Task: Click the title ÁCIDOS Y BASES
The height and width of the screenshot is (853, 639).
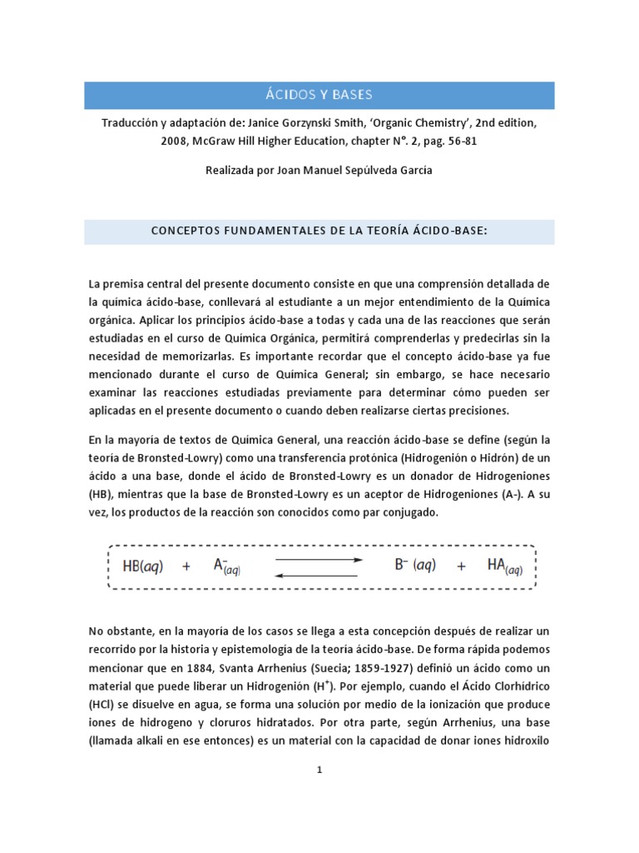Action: click(x=319, y=94)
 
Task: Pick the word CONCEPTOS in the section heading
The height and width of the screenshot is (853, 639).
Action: click(x=186, y=231)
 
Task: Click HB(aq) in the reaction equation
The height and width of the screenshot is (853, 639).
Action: click(x=143, y=566)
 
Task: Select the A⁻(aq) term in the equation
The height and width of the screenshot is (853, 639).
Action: click(x=226, y=566)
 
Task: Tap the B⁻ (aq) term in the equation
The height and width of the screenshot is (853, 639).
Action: click(x=414, y=566)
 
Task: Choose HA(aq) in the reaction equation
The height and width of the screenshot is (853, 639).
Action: click(x=504, y=566)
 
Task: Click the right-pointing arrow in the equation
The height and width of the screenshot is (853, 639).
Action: click(x=319, y=560)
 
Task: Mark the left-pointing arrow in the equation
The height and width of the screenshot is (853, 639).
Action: click(x=319, y=574)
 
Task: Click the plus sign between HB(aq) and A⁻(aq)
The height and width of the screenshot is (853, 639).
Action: click(x=186, y=566)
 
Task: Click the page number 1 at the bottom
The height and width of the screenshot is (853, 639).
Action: click(x=319, y=771)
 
